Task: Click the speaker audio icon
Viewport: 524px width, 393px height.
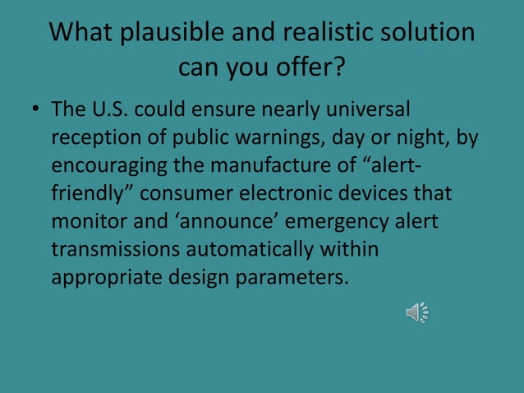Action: pyautogui.click(x=417, y=312)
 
